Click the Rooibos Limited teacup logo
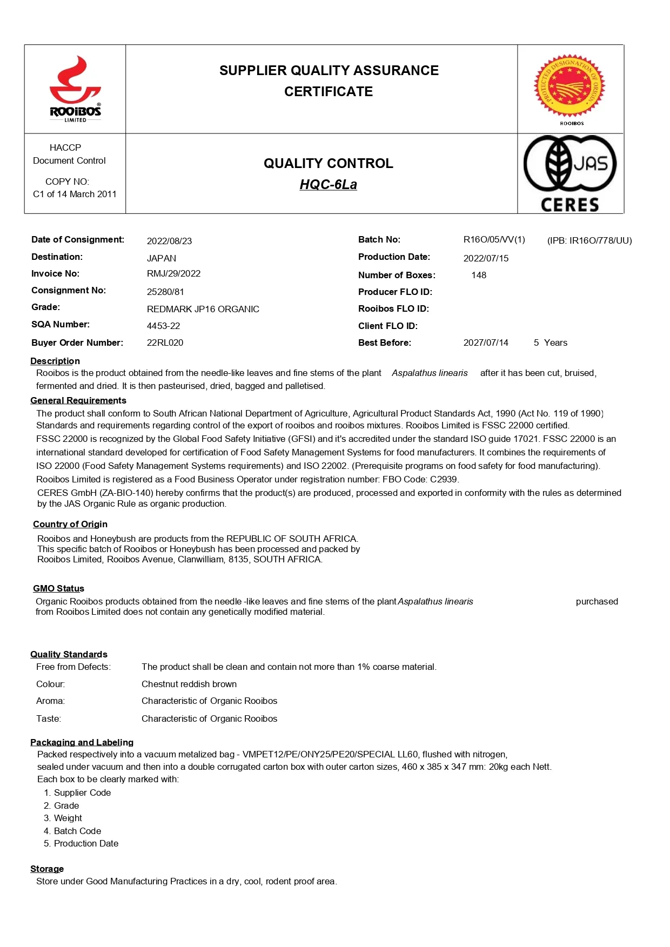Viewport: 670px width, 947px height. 75,89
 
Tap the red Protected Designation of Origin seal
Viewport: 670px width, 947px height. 569,85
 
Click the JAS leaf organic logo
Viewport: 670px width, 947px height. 569,165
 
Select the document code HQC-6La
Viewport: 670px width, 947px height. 328,185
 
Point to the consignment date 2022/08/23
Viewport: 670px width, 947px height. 169,241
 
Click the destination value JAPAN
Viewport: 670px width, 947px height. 161,258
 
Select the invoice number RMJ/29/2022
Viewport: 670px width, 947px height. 173,273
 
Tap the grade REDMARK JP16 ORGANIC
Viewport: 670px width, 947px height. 203,309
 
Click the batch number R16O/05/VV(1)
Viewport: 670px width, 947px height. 494,239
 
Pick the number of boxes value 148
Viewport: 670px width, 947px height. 478,275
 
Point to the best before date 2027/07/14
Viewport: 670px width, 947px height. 485,342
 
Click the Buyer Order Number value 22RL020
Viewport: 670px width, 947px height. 165,342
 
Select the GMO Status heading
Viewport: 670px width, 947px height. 58,588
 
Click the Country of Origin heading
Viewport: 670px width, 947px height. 70,524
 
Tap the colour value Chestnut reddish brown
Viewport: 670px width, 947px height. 189,684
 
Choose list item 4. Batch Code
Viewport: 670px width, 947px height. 72,831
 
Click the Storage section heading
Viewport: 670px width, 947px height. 47,869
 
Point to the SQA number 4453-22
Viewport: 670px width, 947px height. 163,326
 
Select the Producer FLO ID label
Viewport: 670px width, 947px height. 395,292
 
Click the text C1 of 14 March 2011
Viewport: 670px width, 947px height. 75,194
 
